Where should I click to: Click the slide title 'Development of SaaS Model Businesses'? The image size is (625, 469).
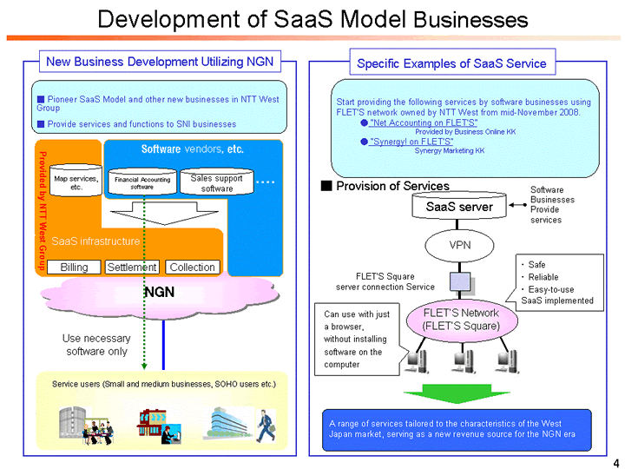[x=312, y=19]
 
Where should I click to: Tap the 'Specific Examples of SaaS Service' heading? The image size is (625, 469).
[x=451, y=63]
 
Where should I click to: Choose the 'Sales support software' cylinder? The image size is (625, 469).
[x=211, y=182]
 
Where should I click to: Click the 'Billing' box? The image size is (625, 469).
[x=74, y=268]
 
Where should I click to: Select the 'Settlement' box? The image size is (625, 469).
[x=132, y=268]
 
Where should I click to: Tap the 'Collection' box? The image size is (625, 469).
[x=192, y=268]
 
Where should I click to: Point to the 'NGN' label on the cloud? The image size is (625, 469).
[x=159, y=293]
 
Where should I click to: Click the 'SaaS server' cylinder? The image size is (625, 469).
[x=459, y=208]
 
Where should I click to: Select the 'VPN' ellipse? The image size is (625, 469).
[x=459, y=245]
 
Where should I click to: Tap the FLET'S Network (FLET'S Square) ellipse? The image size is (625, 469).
[x=459, y=320]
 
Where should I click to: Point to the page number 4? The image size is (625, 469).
[x=614, y=459]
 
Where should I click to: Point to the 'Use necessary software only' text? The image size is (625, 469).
[x=96, y=345]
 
